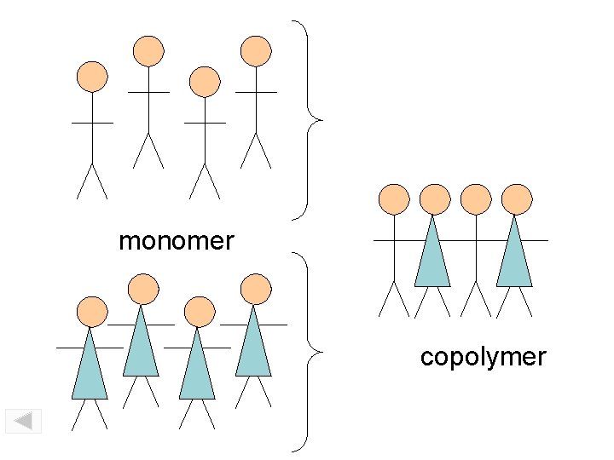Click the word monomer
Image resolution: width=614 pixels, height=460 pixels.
point(176,241)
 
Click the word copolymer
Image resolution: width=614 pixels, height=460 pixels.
point(483,356)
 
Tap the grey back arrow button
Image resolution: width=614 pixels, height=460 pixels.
point(23,421)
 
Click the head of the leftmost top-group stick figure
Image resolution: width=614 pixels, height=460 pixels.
point(92,77)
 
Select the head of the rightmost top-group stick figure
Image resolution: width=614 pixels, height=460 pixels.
point(256,51)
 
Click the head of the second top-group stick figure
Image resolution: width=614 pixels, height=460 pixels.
point(148,51)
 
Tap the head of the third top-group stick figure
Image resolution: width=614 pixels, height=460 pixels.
point(205,82)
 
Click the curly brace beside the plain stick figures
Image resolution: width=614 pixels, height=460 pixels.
point(311,119)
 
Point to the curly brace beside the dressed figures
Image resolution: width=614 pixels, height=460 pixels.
point(311,351)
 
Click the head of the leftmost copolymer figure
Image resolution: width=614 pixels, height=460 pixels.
point(394,198)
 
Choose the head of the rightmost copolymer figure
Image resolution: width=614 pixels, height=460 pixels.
point(517,198)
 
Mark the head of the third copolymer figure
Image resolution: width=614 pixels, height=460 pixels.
point(476,198)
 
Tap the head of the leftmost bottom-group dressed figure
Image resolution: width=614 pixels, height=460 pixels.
point(90,312)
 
